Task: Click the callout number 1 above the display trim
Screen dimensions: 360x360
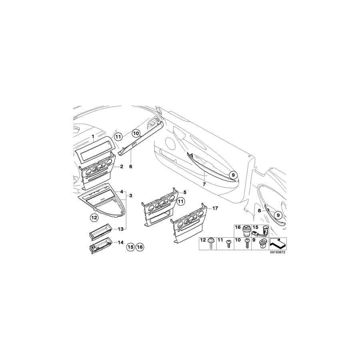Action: (93, 137)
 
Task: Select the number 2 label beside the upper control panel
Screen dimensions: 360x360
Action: (122, 166)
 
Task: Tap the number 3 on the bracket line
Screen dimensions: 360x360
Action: (131, 196)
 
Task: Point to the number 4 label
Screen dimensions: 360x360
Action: (122, 192)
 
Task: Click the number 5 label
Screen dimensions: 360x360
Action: (185, 192)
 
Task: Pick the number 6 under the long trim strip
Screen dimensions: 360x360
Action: (131, 166)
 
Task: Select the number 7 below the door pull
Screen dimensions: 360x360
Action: (204, 184)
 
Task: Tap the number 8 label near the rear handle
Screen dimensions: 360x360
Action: (259, 210)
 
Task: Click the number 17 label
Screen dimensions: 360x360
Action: (215, 208)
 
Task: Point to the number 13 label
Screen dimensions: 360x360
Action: (121, 229)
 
